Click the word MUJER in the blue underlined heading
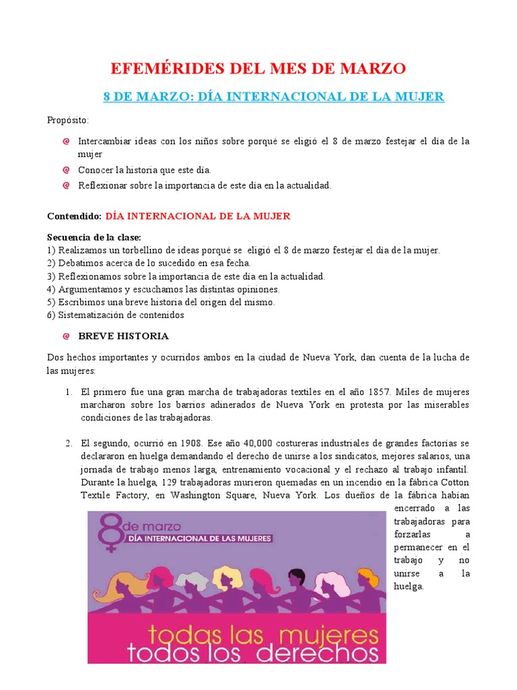tap(421, 96)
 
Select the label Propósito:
tap(67, 120)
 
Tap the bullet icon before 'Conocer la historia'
tap(66, 170)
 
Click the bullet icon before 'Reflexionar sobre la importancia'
tap(66, 185)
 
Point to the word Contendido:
tap(74, 216)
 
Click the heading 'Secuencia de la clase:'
tap(94, 238)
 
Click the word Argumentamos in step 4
tap(91, 289)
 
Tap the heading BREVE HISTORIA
tap(123, 336)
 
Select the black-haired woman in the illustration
tap(296, 577)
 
